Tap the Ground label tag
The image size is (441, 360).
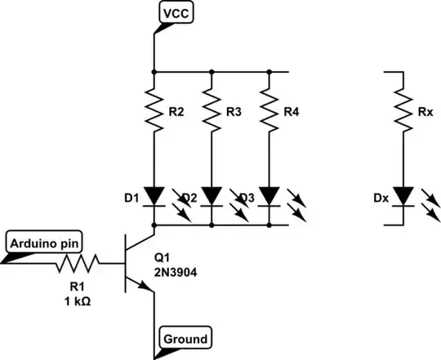185,336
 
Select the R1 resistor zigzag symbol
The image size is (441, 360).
78,262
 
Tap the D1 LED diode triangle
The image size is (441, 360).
154,196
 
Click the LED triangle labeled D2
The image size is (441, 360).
212,196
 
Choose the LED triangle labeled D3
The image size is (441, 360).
269,196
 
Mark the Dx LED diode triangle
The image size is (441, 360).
403,196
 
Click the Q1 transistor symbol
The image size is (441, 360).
139,262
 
